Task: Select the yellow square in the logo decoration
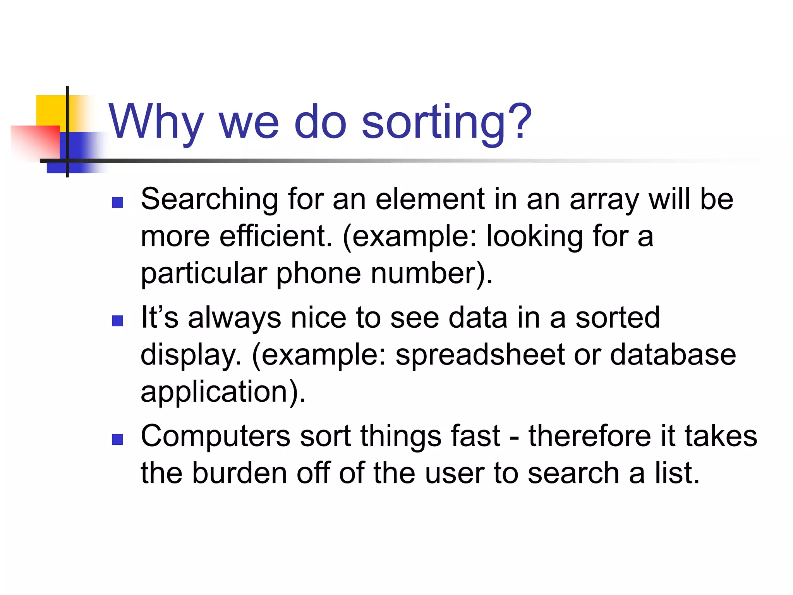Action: pyautogui.click(x=51, y=110)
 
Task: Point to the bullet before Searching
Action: pyautogui.click(x=117, y=202)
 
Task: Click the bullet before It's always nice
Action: pyautogui.click(x=117, y=321)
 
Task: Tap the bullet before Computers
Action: pyautogui.click(x=117, y=439)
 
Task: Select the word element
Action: pyautogui.click(x=429, y=199)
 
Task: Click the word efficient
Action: pyautogui.click(x=276, y=236)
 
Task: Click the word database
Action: pyautogui.click(x=673, y=355)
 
